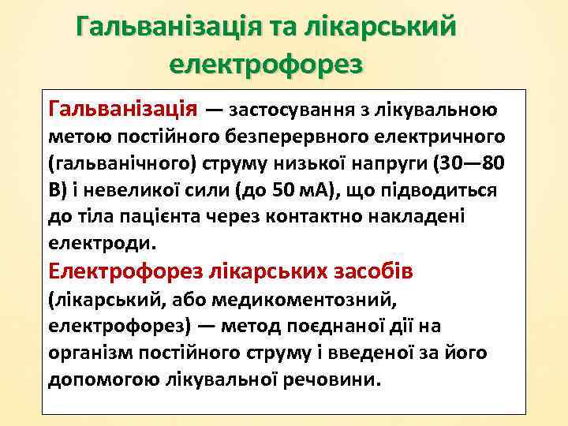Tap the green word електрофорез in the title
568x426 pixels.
(267, 63)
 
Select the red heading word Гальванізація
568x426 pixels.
(123, 106)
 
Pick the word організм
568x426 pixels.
(88, 353)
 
